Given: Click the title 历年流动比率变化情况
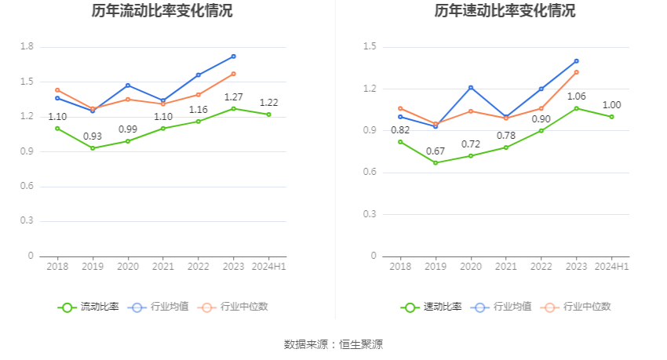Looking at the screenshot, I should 162,11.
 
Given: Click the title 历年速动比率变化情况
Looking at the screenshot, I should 505,11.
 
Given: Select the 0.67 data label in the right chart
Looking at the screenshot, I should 436,151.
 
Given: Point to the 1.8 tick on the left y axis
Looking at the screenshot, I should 27,47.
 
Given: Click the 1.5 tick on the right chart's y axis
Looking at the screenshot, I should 370,47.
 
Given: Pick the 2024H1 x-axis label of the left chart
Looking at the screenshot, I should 268,267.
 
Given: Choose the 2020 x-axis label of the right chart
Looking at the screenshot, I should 471,267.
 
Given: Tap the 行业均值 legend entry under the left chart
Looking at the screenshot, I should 159,307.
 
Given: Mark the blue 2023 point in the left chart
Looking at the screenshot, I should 234,56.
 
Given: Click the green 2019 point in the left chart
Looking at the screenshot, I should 93,148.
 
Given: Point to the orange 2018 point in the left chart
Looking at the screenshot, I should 57,90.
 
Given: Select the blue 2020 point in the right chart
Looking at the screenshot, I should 471,87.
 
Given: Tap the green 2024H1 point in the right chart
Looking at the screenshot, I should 611,117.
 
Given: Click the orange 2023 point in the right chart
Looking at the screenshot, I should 576,72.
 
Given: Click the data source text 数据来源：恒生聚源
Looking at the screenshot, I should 333,344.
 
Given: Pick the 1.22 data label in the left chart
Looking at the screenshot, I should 269,103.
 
